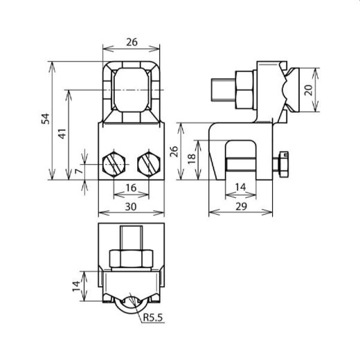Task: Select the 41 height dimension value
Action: [62, 134]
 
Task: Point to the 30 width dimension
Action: [131, 206]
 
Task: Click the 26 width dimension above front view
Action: [132, 42]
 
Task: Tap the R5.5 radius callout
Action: [154, 319]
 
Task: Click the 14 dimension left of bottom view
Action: [74, 287]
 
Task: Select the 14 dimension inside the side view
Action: [240, 188]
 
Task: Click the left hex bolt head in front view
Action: [114, 165]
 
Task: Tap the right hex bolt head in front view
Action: [149, 165]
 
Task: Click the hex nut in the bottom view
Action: [132, 259]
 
